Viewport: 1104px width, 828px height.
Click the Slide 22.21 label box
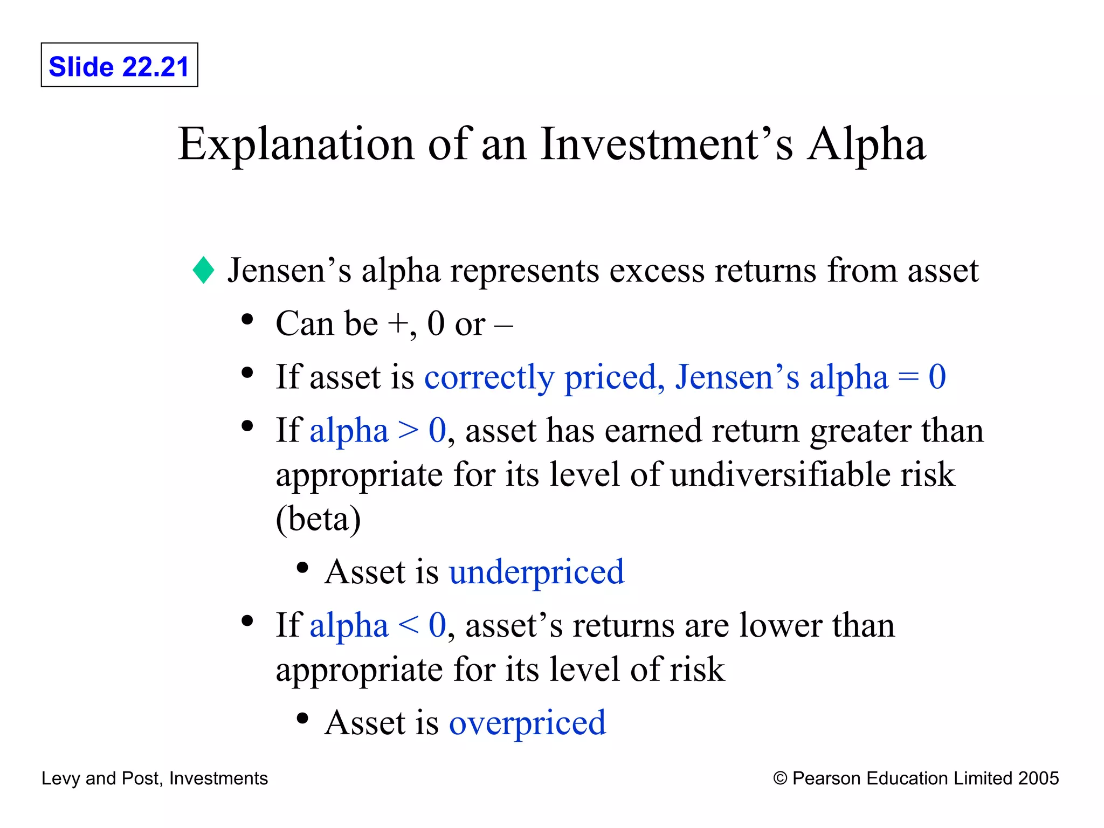click(x=119, y=65)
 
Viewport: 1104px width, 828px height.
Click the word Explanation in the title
click(x=296, y=144)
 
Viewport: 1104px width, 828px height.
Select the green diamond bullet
click(x=203, y=270)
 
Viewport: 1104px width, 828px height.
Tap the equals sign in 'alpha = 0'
click(x=908, y=377)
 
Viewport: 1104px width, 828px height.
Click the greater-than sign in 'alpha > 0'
click(x=408, y=431)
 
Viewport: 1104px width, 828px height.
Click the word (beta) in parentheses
click(x=318, y=519)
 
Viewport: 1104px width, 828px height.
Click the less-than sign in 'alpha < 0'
click(x=408, y=625)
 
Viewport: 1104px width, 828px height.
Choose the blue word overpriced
click(x=527, y=723)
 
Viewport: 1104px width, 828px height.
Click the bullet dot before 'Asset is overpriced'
click(x=302, y=719)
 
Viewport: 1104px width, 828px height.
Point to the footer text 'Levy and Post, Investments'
click(x=155, y=778)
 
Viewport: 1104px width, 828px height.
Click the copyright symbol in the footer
click(x=780, y=778)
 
